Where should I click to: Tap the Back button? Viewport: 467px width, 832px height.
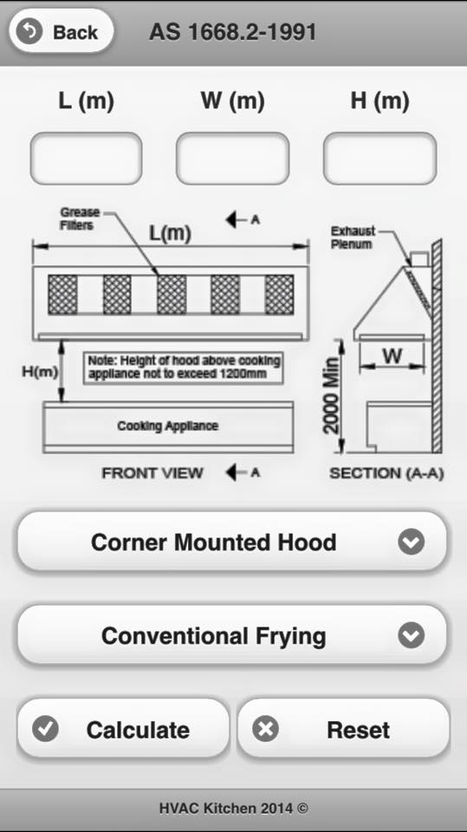[x=61, y=32]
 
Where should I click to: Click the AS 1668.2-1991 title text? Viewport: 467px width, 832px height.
[x=233, y=32]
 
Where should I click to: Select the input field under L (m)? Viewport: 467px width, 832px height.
[x=86, y=158]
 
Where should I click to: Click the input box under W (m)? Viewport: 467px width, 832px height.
[x=232, y=158]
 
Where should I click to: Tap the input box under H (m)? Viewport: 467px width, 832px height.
[x=380, y=158]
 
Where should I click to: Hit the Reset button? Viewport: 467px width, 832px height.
[x=343, y=729]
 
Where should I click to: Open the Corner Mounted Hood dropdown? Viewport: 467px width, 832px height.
[x=232, y=542]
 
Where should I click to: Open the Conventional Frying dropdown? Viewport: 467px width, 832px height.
[x=232, y=635]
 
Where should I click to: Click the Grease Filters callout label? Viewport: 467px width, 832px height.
[x=79, y=218]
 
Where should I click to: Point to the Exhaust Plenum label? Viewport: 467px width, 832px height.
[x=353, y=237]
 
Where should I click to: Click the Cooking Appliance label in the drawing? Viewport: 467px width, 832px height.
[x=168, y=426]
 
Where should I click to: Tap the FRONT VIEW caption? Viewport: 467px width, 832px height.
[x=152, y=473]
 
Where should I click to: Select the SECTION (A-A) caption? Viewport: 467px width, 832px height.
[x=386, y=473]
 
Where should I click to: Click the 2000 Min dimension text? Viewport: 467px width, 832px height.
[x=331, y=395]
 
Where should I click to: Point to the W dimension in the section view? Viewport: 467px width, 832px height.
[x=392, y=355]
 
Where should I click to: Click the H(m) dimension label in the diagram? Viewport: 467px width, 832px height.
[x=40, y=372]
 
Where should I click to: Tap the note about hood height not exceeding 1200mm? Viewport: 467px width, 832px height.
[x=184, y=367]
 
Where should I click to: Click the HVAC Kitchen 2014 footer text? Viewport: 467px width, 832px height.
[x=234, y=808]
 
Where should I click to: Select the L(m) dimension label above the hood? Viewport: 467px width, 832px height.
[x=170, y=233]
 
